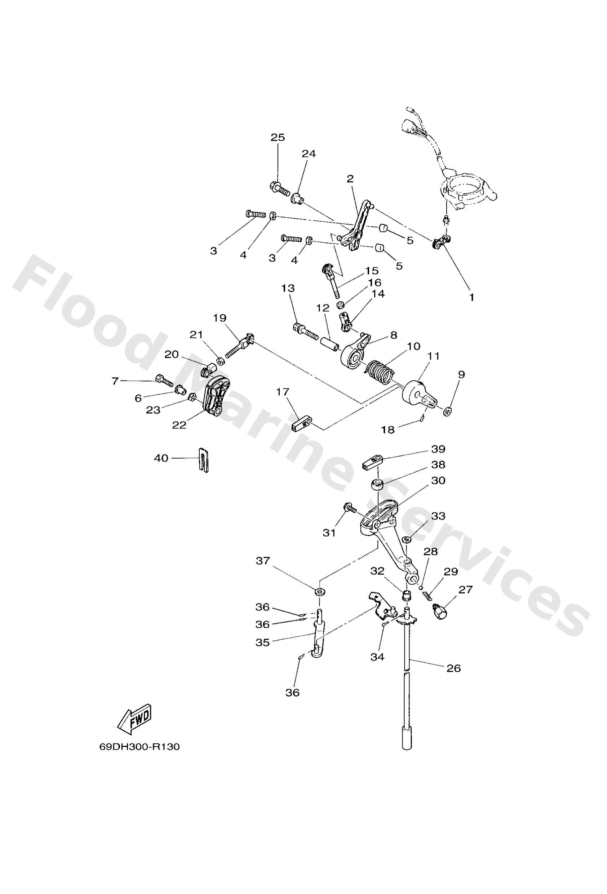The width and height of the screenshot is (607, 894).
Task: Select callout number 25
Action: point(278,137)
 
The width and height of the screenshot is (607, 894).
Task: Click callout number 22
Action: point(180,425)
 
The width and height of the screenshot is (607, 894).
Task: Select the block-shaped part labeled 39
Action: point(372,461)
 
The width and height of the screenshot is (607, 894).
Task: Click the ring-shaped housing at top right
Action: point(467,190)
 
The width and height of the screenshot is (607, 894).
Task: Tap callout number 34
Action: point(377,657)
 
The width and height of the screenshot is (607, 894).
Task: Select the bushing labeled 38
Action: point(377,484)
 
